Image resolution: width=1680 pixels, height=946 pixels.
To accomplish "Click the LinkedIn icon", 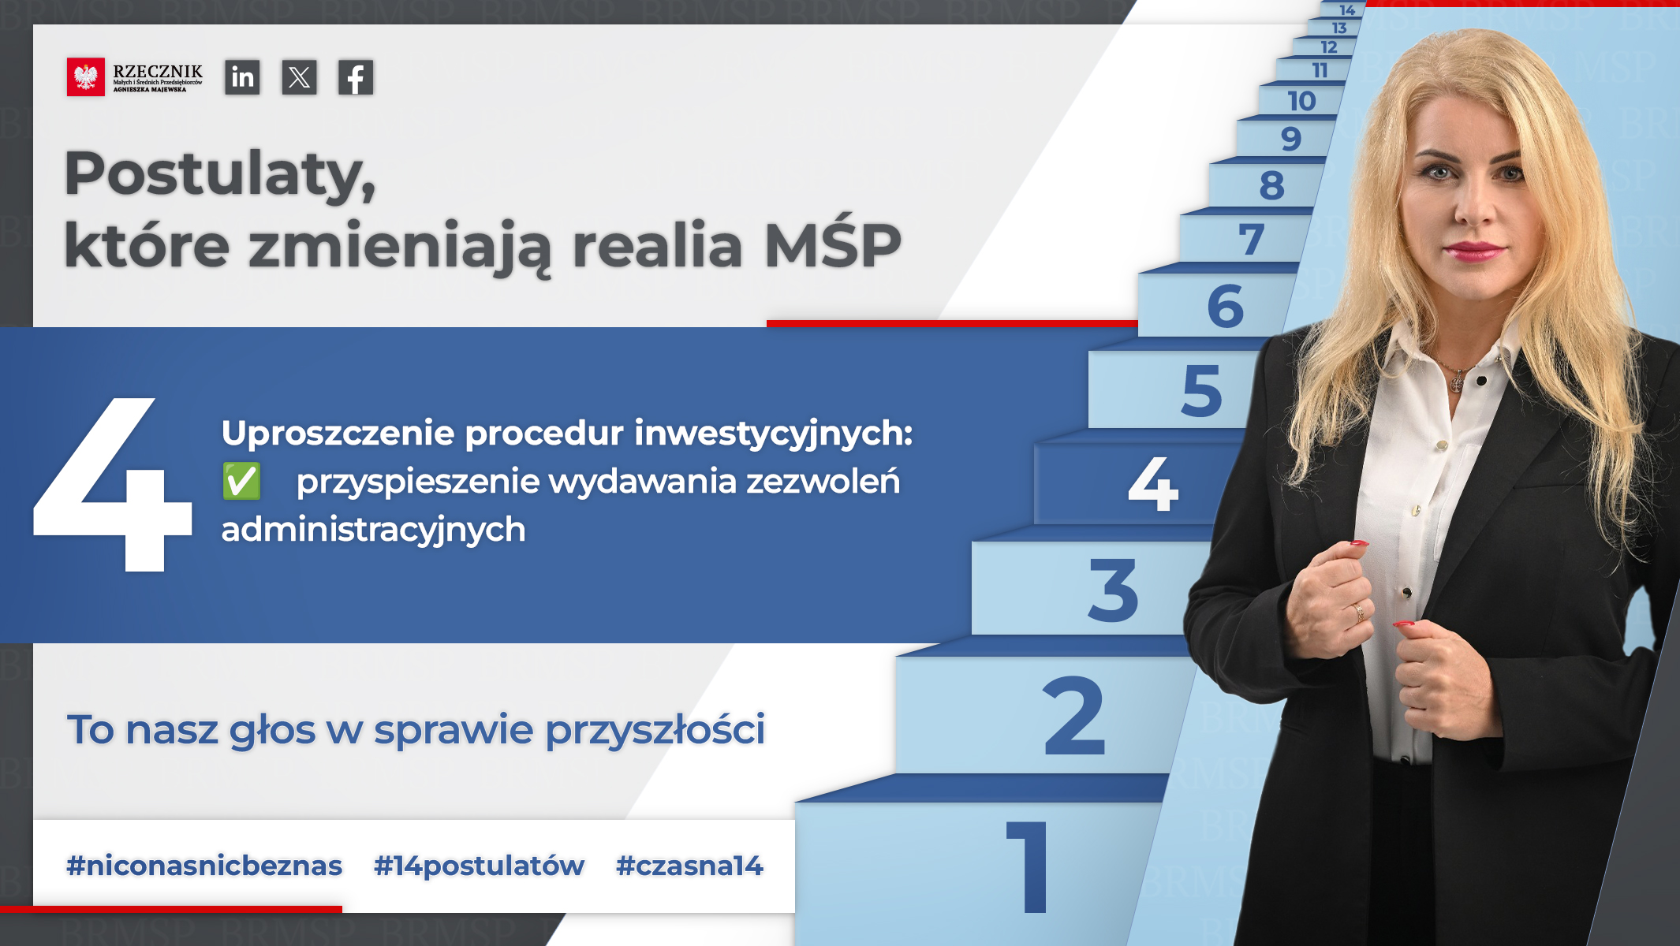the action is click(x=242, y=77).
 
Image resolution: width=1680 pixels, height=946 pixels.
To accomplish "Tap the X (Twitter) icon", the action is click(x=299, y=77).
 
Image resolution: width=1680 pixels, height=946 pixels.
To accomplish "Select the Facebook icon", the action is click(x=356, y=77).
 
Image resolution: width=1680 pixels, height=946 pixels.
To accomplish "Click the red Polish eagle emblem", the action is click(x=86, y=77).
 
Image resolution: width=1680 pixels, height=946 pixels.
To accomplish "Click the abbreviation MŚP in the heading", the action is click(x=833, y=244).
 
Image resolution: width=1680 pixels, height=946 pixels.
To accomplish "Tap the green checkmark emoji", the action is click(x=241, y=481).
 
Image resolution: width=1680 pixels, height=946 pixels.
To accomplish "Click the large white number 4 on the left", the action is click(x=113, y=484).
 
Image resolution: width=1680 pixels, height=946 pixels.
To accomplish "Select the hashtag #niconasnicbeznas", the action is click(x=204, y=866).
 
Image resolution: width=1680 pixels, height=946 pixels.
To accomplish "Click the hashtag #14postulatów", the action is click(x=479, y=866).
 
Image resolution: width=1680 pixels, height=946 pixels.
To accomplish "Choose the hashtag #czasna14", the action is click(x=689, y=866).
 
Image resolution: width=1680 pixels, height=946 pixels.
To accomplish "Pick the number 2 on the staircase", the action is click(x=1073, y=716).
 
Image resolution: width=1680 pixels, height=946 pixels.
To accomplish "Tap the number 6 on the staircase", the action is click(x=1226, y=306).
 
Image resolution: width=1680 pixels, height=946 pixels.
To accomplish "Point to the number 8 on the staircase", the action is click(x=1272, y=186).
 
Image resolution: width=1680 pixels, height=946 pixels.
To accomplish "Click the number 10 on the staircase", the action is click(x=1301, y=101).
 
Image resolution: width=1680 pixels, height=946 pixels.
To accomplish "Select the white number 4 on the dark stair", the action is click(x=1153, y=483).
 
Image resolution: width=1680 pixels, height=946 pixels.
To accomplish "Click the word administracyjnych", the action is click(x=373, y=530).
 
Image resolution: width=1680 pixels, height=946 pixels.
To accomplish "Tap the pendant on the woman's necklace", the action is click(x=1458, y=383).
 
